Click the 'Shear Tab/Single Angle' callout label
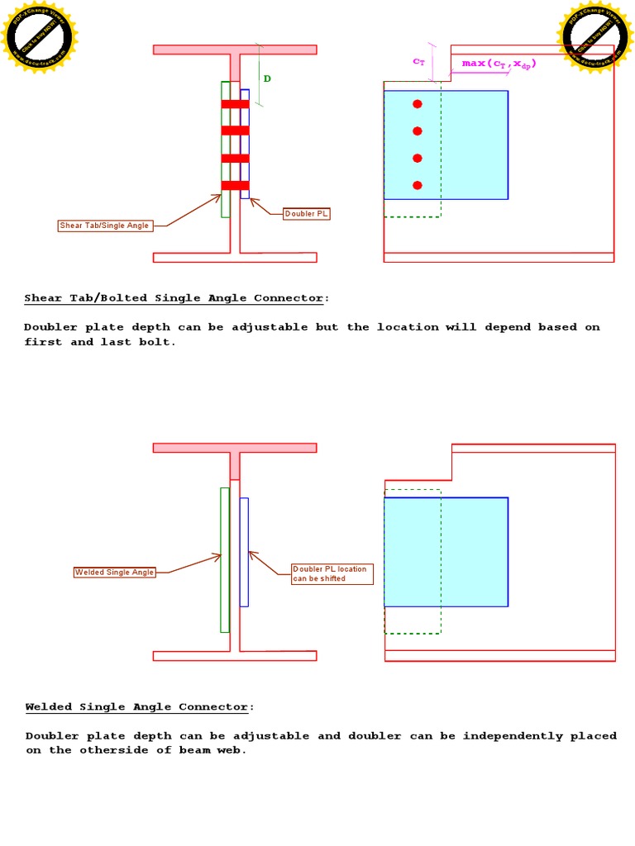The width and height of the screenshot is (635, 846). pos(105,226)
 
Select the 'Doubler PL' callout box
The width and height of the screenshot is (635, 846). pos(307,214)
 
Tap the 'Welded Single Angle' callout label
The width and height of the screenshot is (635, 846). pos(115,572)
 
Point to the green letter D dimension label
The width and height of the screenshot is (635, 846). pos(267,79)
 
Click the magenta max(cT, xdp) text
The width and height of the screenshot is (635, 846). pos(499,64)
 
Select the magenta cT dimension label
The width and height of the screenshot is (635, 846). pos(418,61)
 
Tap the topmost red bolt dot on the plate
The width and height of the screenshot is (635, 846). pos(418,104)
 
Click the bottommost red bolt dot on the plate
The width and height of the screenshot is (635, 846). pos(418,185)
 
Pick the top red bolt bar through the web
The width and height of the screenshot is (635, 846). pos(235,104)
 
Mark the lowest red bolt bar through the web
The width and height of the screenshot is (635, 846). pos(235,185)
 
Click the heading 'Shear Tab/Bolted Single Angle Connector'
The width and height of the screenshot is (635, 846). pos(176,297)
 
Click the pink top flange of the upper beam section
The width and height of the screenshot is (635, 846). pos(235,50)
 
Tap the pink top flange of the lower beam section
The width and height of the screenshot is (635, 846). pos(235,448)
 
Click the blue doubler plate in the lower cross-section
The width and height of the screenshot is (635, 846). pos(244,551)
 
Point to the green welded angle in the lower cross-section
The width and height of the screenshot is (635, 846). pos(224,559)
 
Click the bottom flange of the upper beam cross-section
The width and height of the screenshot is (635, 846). pos(235,257)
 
